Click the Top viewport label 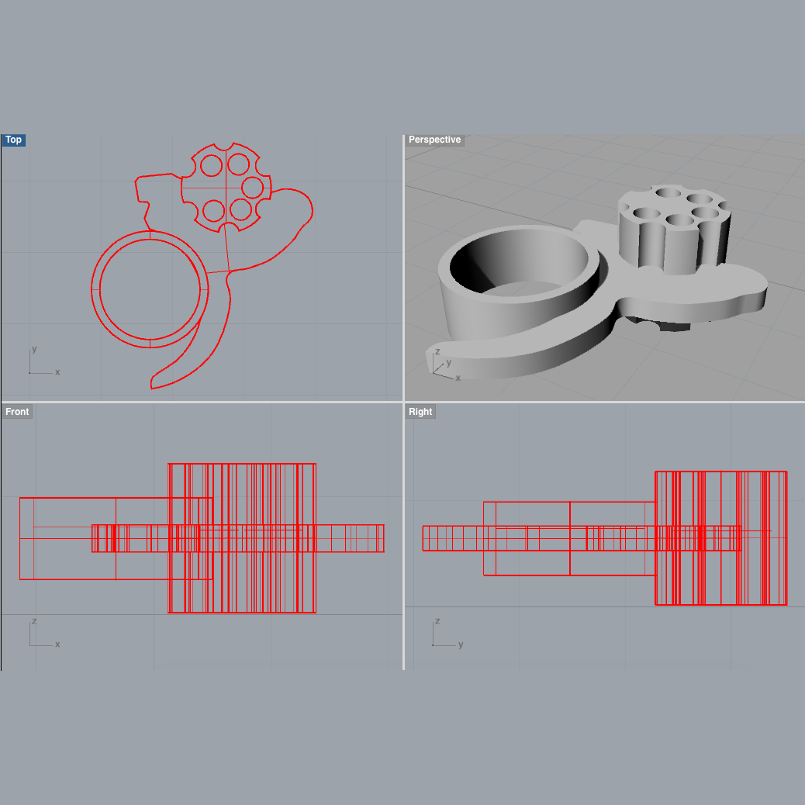coord(14,140)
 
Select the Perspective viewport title coord(434,140)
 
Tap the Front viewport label coord(17,411)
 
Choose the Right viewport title coord(420,411)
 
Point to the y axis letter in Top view coord(34,349)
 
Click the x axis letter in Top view coord(57,372)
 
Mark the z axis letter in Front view coord(34,621)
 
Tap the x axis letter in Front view coord(57,644)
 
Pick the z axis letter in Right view coord(437,621)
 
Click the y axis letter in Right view coord(461,644)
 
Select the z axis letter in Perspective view coord(438,352)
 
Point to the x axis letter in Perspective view coord(458,378)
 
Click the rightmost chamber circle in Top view coord(252,187)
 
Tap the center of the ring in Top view coord(150,288)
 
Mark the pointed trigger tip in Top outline coord(153,383)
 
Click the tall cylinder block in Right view coord(720,538)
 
